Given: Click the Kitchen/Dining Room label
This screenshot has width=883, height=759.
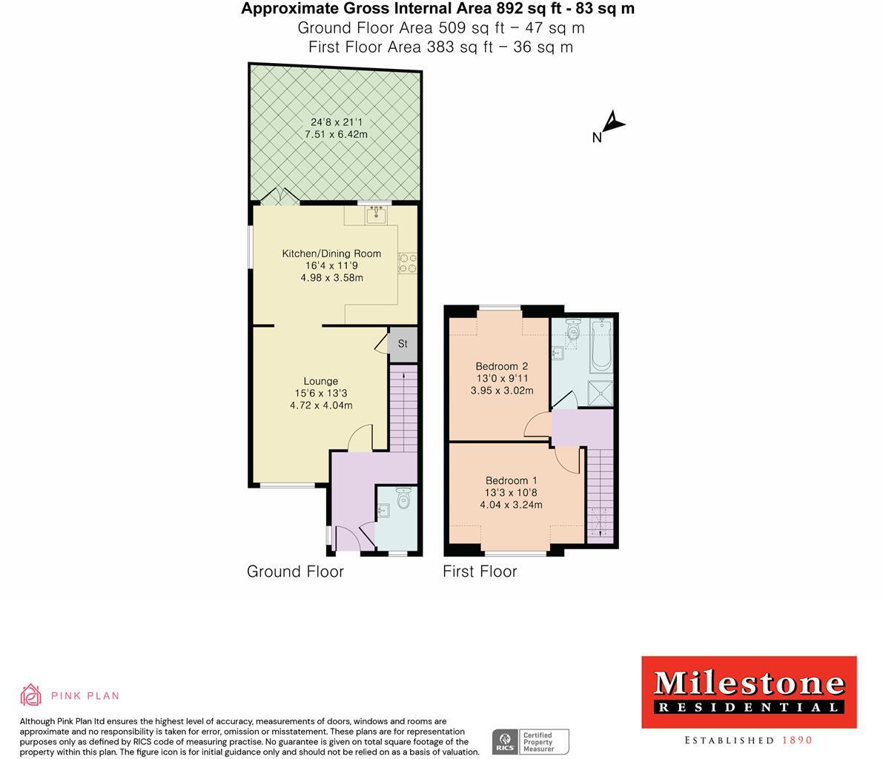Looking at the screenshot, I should [x=331, y=253].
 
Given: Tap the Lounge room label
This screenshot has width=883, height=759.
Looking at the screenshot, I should [x=320, y=381].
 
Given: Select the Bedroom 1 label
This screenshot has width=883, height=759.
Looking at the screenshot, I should [x=511, y=480].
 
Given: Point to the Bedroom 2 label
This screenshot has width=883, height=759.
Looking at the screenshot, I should [x=501, y=366].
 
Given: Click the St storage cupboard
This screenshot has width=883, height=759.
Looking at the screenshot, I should [x=403, y=344].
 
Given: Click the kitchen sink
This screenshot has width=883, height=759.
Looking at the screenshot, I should [x=377, y=215].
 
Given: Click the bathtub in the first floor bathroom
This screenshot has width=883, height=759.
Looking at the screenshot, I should [x=601, y=346].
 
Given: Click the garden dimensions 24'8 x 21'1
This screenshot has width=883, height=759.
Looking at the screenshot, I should [x=336, y=122].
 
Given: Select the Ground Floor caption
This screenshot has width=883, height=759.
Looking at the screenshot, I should [x=295, y=571].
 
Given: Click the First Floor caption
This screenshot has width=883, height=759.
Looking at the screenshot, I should [x=480, y=571].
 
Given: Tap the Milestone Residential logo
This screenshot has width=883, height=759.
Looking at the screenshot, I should [x=748, y=691].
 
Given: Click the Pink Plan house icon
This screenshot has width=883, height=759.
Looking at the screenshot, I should [x=30, y=695].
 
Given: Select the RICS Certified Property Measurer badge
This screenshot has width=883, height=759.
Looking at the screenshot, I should [x=531, y=741].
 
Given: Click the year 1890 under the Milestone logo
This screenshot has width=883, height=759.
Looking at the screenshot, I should [x=797, y=740].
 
